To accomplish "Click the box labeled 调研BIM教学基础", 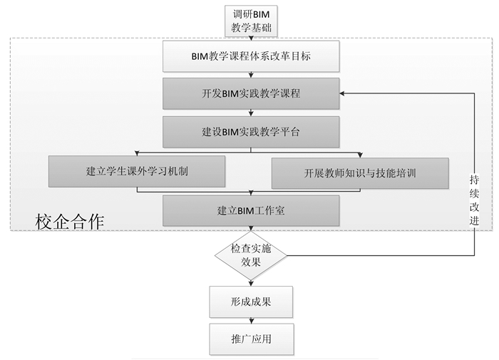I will coord(250,21).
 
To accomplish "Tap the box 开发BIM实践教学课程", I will coord(250,93).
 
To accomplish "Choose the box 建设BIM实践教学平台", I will coord(250,131).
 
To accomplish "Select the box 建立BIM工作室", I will coord(250,210).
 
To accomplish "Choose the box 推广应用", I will coord(250,339).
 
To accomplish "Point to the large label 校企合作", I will coord(70,221).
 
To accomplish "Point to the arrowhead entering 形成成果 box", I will coord(250,284).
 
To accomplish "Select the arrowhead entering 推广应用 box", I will coord(250,322).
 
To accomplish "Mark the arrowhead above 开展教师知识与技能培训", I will coord(360,155).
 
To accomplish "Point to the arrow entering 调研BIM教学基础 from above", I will coord(250,4).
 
